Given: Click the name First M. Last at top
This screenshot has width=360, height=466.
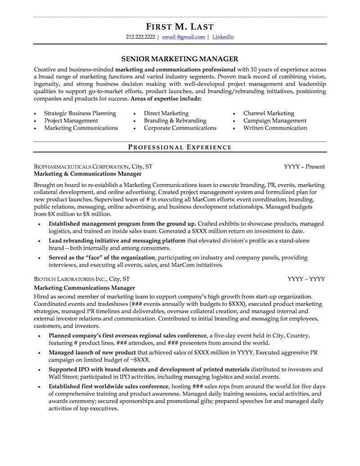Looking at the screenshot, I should click(x=180, y=27).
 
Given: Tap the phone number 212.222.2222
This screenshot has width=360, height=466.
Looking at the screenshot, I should click(x=140, y=37).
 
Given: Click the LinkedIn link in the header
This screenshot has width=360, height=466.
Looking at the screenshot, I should click(x=223, y=37).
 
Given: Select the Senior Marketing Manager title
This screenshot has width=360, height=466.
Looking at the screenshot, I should click(x=180, y=59).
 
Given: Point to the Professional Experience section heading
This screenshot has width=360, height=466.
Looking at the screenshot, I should click(x=180, y=147).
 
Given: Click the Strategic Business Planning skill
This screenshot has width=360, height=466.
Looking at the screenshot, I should click(x=80, y=113).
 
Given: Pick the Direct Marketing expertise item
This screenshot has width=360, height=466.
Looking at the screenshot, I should click(x=166, y=113).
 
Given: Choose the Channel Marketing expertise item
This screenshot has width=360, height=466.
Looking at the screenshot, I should click(x=268, y=113).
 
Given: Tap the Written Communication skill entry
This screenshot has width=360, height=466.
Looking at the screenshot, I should click(x=275, y=128).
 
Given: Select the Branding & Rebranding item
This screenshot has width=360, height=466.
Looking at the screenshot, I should click(x=175, y=121).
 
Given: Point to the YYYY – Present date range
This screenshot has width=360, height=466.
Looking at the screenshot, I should click(x=304, y=167).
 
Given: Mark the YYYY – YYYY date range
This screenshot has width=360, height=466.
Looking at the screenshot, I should click(x=306, y=279).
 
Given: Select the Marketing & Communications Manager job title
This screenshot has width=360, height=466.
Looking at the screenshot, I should click(x=88, y=174).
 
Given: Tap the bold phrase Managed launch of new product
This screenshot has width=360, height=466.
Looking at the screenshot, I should click(x=92, y=353).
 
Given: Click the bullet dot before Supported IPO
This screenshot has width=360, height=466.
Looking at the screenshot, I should click(x=40, y=370).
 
